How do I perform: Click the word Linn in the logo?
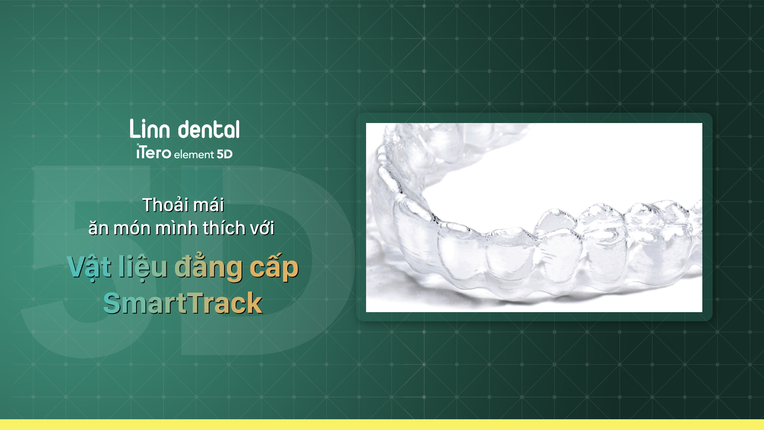tap(150, 129)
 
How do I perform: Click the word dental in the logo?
tap(209, 129)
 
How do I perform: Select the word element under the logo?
tap(194, 154)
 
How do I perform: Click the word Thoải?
tap(166, 205)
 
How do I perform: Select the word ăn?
tap(99, 228)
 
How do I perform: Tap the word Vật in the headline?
tap(90, 267)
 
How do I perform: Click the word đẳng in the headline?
tap(209, 267)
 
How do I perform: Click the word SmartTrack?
tap(183, 303)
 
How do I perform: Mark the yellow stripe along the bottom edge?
tap(382, 424)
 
